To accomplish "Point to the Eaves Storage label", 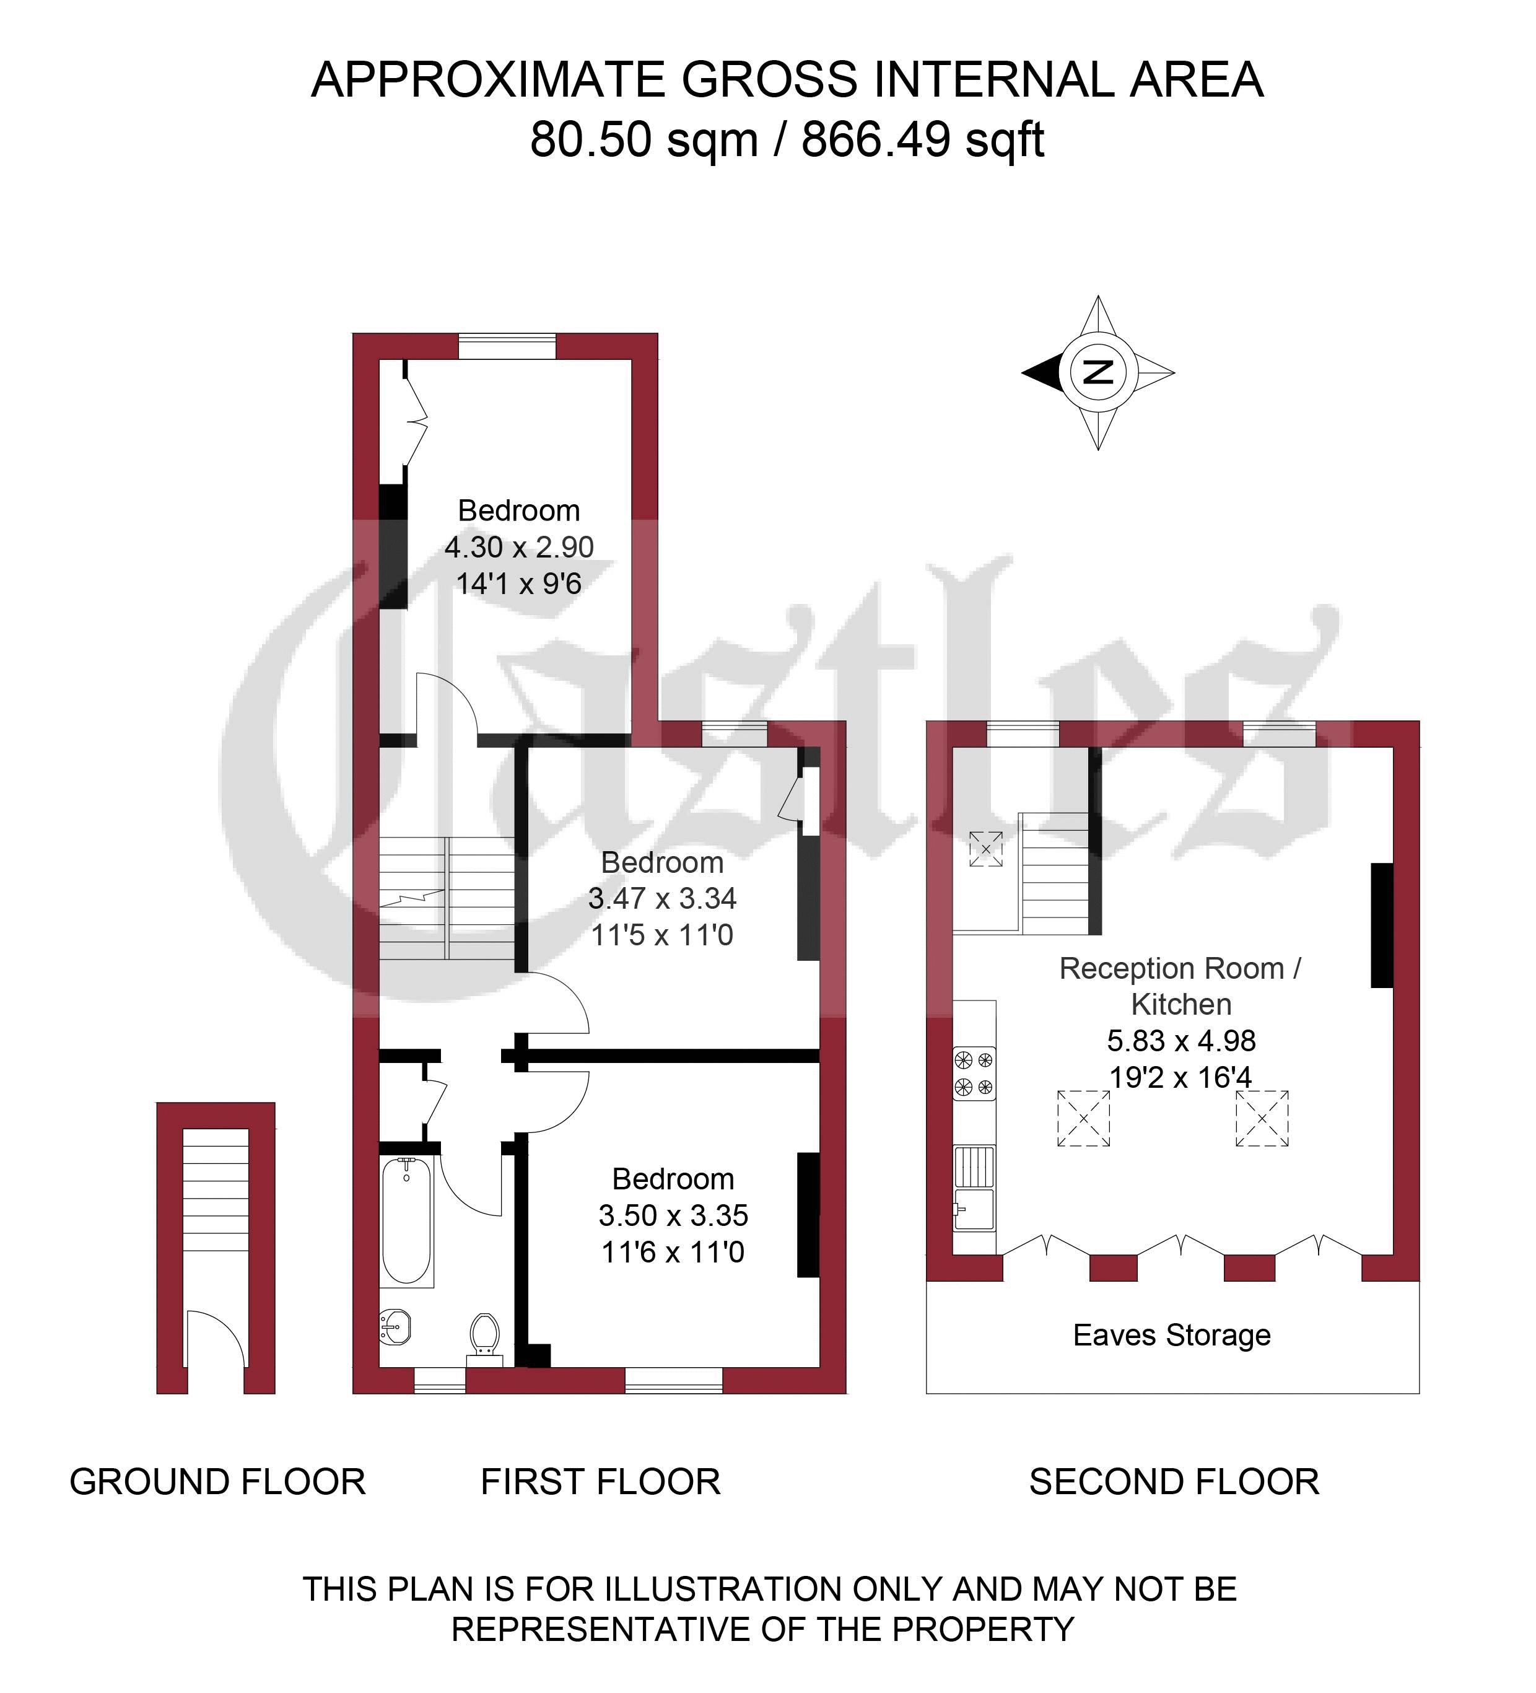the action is pyautogui.click(x=1172, y=1334).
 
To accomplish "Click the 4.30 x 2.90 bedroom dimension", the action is pyautogui.click(x=519, y=547).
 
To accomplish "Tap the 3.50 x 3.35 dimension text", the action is pyautogui.click(x=673, y=1215).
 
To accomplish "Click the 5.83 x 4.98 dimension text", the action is pyautogui.click(x=1180, y=1041).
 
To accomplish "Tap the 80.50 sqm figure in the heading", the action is pyautogui.click(x=644, y=139).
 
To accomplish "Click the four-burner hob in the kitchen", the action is pyautogui.click(x=974, y=1074).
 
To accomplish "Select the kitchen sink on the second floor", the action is pyautogui.click(x=974, y=1188).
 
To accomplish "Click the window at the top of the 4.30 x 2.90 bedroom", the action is pyautogui.click(x=507, y=347).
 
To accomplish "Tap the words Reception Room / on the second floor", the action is pyautogui.click(x=1180, y=968).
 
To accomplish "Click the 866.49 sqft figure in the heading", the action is pyautogui.click(x=923, y=139).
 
